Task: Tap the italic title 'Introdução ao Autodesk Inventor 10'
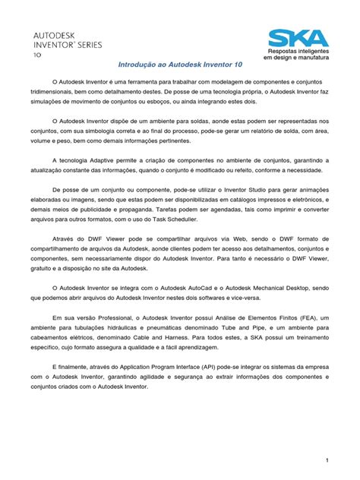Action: [180, 66]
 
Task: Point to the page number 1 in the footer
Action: [326, 460]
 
